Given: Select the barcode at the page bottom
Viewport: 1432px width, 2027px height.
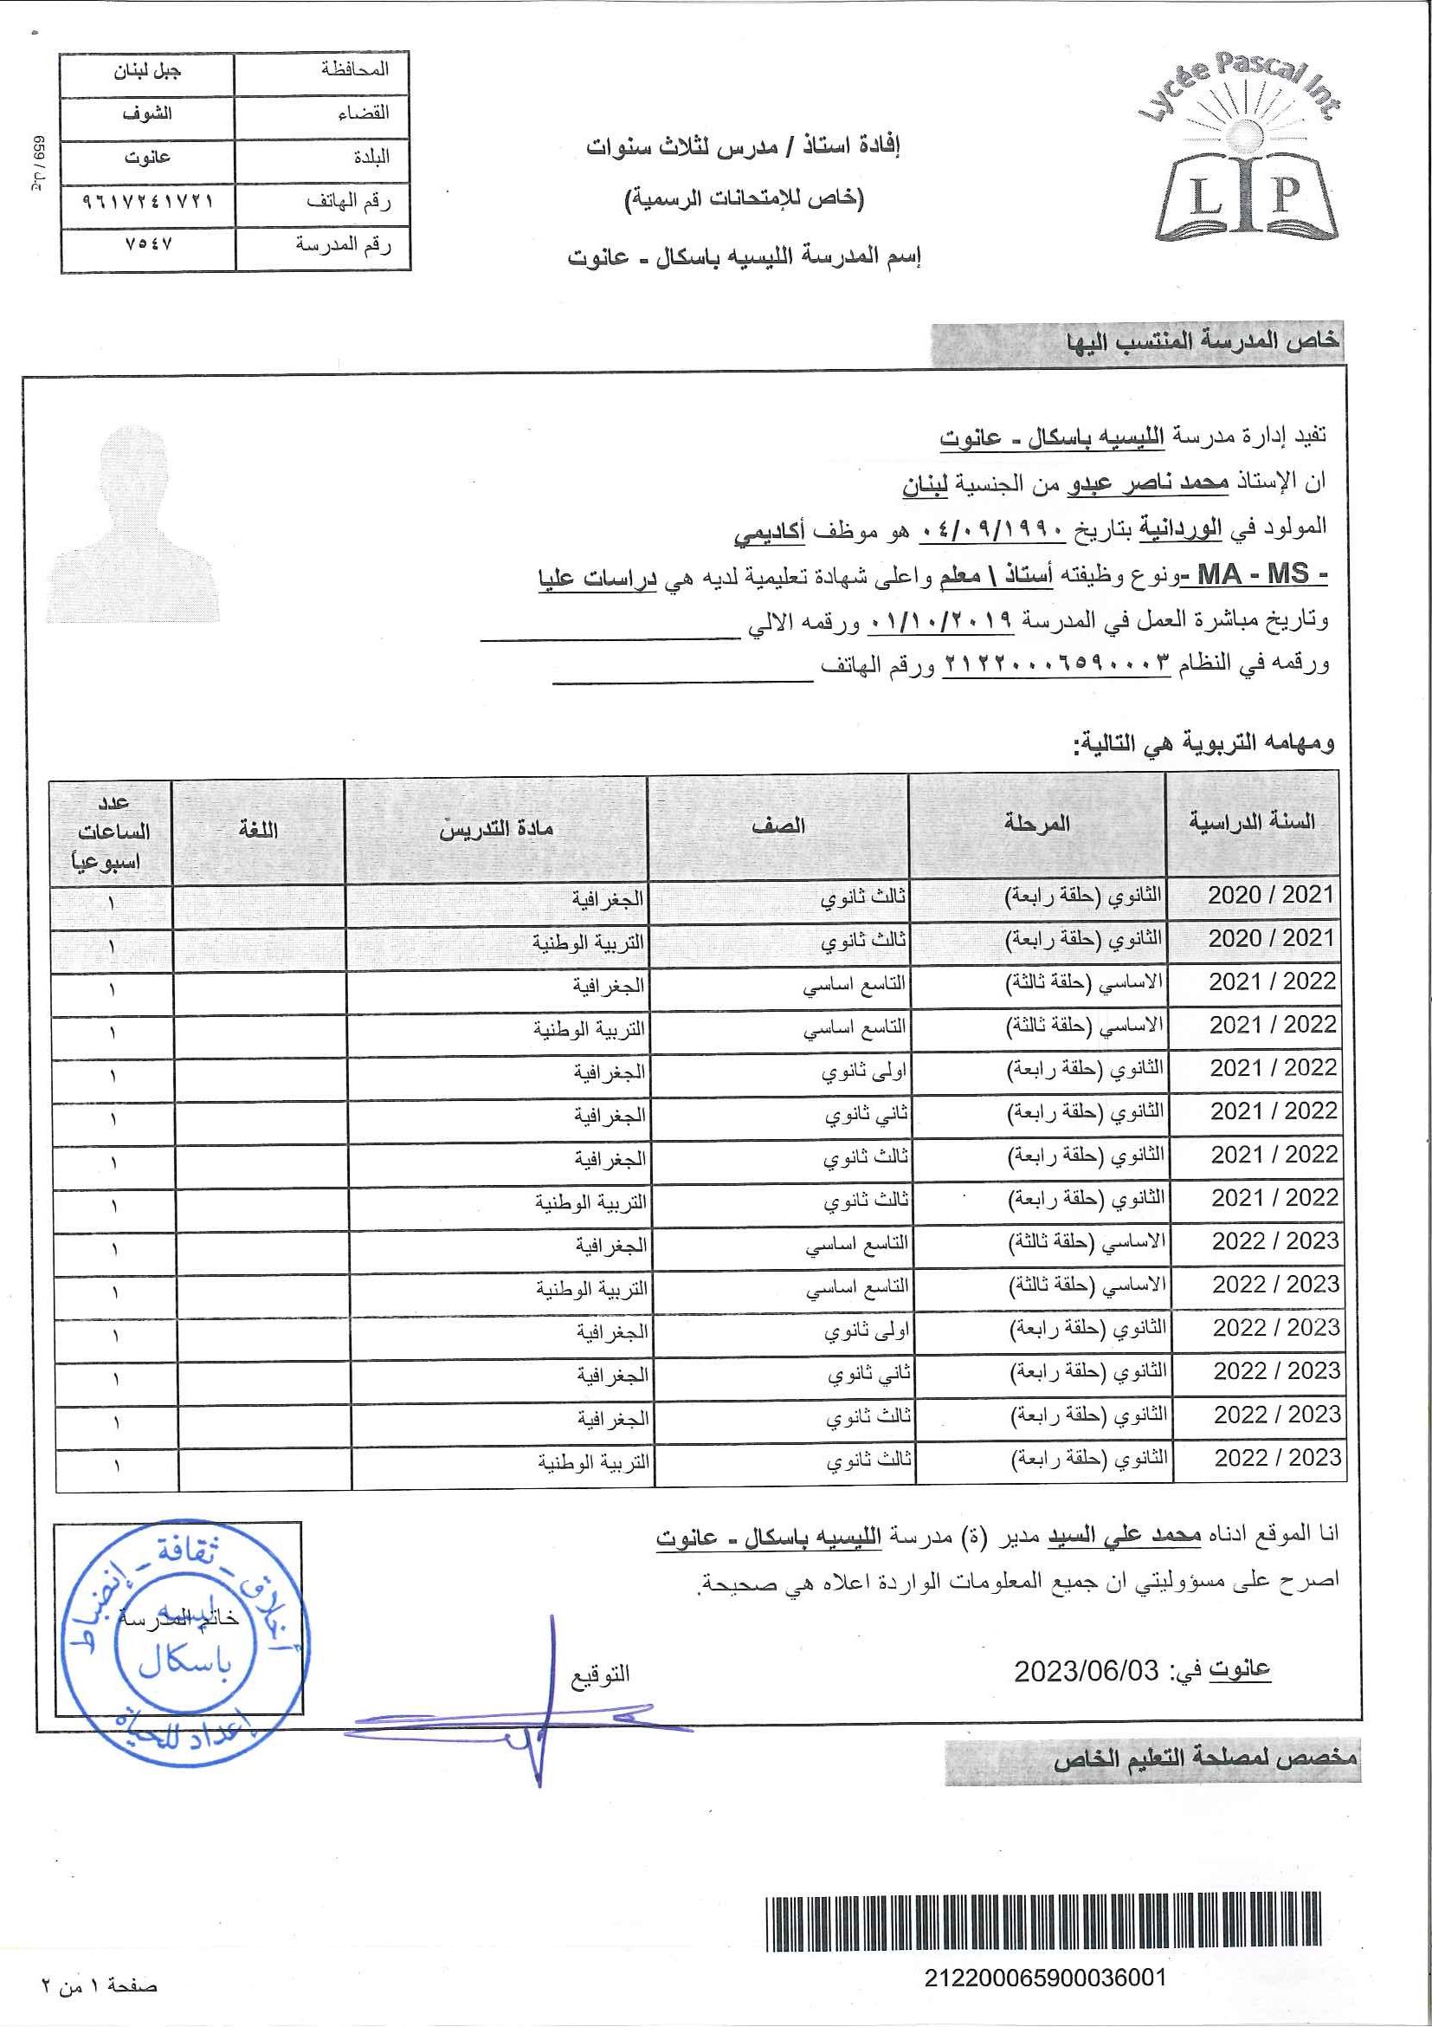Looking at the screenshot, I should tap(1045, 1924).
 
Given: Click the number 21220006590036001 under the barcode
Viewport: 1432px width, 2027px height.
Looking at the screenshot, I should tap(1045, 1978).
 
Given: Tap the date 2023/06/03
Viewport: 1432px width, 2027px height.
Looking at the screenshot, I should tap(1085, 1671).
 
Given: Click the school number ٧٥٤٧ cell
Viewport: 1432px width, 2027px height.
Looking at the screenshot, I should tap(148, 244).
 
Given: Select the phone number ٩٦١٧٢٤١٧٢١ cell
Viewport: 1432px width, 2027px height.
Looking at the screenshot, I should tap(148, 201).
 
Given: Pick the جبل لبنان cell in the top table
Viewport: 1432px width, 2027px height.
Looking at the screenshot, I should tap(147, 71).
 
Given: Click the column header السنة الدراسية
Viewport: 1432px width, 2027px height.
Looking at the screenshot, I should tap(1252, 823).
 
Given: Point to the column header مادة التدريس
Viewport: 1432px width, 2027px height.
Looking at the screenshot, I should tap(496, 827).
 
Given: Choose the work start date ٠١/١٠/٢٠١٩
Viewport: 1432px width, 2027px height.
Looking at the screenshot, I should tap(939, 619).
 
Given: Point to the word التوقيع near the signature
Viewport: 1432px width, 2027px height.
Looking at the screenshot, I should tap(600, 1674).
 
